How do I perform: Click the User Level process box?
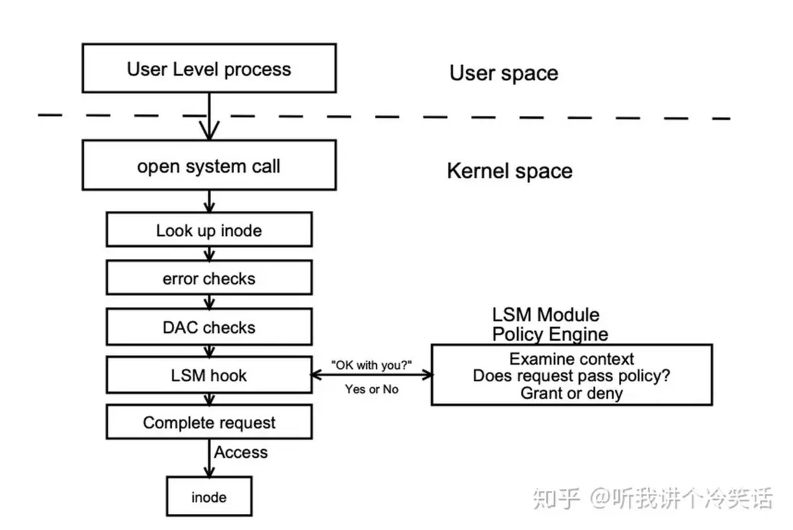(x=209, y=69)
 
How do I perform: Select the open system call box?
(x=209, y=166)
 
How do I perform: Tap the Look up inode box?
(x=209, y=231)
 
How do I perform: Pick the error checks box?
(x=209, y=279)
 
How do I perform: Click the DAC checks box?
(x=209, y=327)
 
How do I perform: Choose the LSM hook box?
(x=209, y=375)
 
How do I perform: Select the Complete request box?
(x=209, y=422)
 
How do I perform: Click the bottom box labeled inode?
(x=209, y=497)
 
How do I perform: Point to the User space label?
(x=503, y=73)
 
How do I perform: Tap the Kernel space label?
(x=509, y=171)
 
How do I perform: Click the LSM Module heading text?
(x=545, y=315)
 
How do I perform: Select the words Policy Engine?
(x=550, y=334)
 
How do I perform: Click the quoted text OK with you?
(x=371, y=364)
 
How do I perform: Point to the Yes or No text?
(x=371, y=389)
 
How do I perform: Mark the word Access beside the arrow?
(x=240, y=453)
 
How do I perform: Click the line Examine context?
(x=571, y=359)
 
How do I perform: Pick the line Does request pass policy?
(x=571, y=375)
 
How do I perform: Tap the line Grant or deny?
(x=571, y=393)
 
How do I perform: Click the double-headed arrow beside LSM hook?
(x=371, y=375)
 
